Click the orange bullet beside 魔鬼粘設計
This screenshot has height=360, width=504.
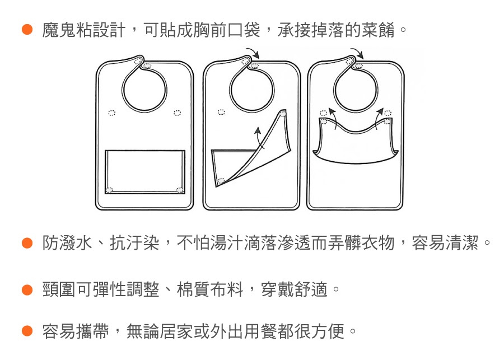(x=27, y=30)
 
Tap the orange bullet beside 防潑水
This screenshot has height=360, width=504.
(x=27, y=243)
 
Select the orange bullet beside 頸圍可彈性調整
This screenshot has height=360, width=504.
(x=27, y=289)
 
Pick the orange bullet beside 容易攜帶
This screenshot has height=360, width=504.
(x=27, y=331)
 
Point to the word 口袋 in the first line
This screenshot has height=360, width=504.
(x=244, y=30)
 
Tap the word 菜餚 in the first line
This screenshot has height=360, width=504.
(x=378, y=30)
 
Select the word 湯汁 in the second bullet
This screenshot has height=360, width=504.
(x=227, y=243)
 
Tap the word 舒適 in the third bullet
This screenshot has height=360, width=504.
(x=310, y=289)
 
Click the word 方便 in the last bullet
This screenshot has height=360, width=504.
(x=328, y=331)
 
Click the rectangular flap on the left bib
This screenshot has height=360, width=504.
(x=145, y=172)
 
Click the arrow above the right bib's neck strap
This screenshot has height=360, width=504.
(x=357, y=53)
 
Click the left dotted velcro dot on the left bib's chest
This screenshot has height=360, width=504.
(x=111, y=113)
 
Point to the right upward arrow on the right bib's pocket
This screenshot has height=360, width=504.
(x=379, y=118)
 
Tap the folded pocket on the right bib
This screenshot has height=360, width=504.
(x=356, y=142)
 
